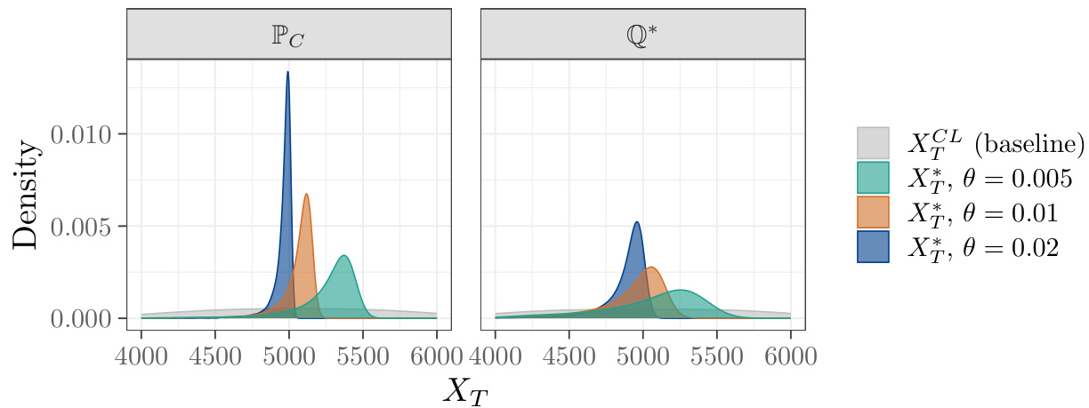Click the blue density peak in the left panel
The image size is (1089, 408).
(287, 73)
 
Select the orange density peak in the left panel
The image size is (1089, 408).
(306, 195)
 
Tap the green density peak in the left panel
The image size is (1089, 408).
(343, 256)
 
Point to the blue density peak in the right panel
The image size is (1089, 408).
(636, 222)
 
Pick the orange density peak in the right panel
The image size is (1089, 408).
(651, 268)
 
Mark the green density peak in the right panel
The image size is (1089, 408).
(681, 291)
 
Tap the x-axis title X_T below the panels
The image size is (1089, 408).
(465, 388)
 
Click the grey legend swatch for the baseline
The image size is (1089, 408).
(873, 143)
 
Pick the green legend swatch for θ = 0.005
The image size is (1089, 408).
(873, 178)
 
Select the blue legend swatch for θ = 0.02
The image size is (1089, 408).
(873, 247)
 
